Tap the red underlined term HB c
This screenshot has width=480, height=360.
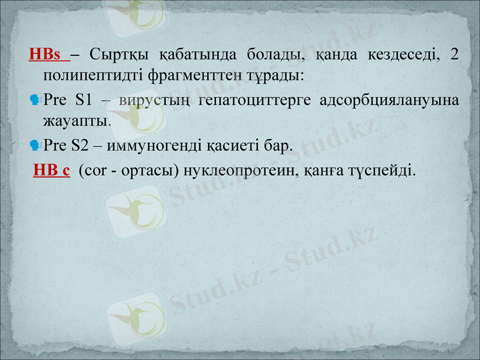pyautogui.click(x=52, y=170)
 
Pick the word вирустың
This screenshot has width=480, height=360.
pyautogui.click(x=151, y=100)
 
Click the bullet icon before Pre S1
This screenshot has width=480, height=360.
pyautogui.click(x=34, y=100)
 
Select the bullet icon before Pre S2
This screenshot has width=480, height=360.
pyautogui.click(x=34, y=145)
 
